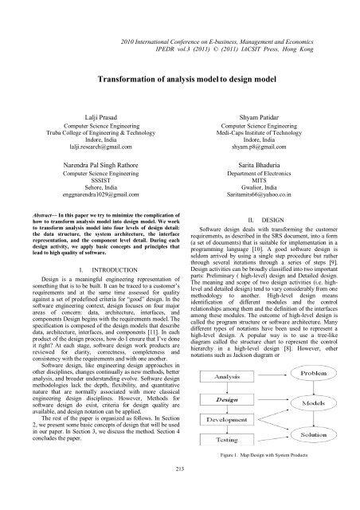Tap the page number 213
coord(180,491)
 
